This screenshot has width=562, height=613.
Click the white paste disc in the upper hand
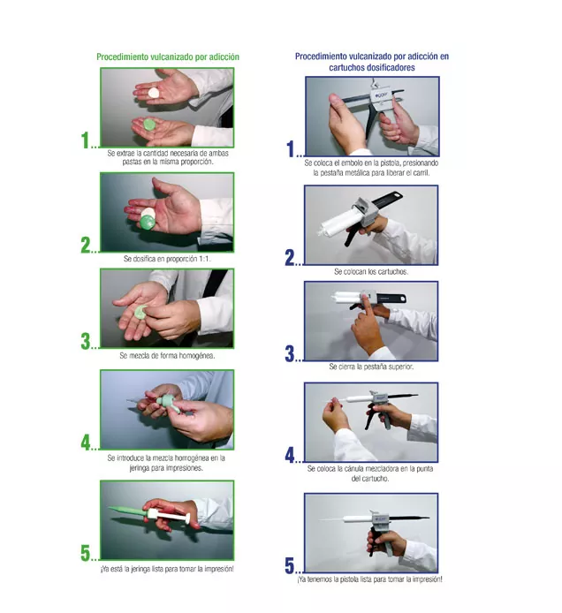pos(154,93)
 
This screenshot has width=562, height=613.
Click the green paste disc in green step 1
pos(149,125)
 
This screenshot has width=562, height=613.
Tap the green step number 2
pos(86,246)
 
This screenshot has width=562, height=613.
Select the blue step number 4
pos(290,455)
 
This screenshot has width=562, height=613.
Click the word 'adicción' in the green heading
pos(224,57)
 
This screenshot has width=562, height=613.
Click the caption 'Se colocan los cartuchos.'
pos(371,271)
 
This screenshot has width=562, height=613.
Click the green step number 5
pos(86,553)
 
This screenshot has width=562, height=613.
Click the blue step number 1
pos(291,149)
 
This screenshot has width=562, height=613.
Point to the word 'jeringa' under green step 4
pos(139,468)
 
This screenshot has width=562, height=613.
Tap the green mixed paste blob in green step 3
pos(140,312)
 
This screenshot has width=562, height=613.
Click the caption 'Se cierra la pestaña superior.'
pos(371,367)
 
